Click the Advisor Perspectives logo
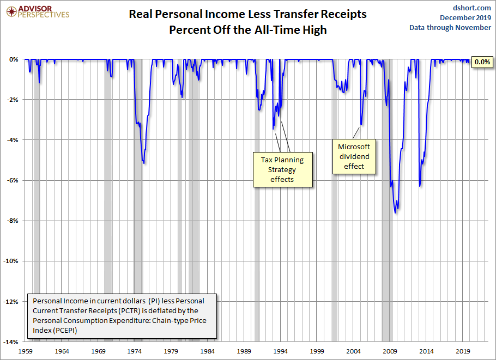click(37, 11)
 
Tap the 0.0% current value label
click(482, 62)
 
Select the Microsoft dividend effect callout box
click(354, 156)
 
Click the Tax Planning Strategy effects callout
click(282, 169)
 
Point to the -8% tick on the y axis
click(12, 221)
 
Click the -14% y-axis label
click(11, 342)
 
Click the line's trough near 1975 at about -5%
click(143, 162)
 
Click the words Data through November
click(450, 28)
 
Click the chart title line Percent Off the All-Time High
click(247, 30)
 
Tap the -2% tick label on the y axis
click(12, 100)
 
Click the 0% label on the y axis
click(14, 59)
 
